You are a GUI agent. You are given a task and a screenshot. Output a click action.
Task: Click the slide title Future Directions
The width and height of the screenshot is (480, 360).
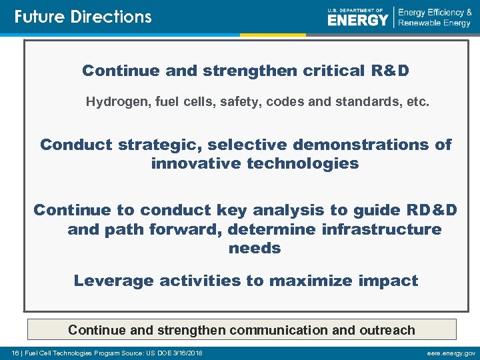[x=83, y=17]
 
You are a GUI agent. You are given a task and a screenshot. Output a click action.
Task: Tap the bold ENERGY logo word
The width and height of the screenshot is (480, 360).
[x=357, y=21]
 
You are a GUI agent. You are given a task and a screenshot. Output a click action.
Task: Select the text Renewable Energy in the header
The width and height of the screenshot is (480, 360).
[x=434, y=23]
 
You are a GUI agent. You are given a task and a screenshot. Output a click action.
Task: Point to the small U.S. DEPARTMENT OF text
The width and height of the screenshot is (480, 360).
[x=356, y=10]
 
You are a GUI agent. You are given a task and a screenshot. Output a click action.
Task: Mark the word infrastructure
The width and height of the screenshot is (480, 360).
[x=377, y=229]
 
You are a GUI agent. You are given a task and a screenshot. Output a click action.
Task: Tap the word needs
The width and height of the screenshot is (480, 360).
[x=255, y=248]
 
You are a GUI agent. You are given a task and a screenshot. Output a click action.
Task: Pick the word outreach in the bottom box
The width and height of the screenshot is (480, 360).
[x=387, y=330]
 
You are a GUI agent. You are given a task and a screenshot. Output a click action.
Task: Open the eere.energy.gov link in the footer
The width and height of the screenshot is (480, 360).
[x=451, y=353]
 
